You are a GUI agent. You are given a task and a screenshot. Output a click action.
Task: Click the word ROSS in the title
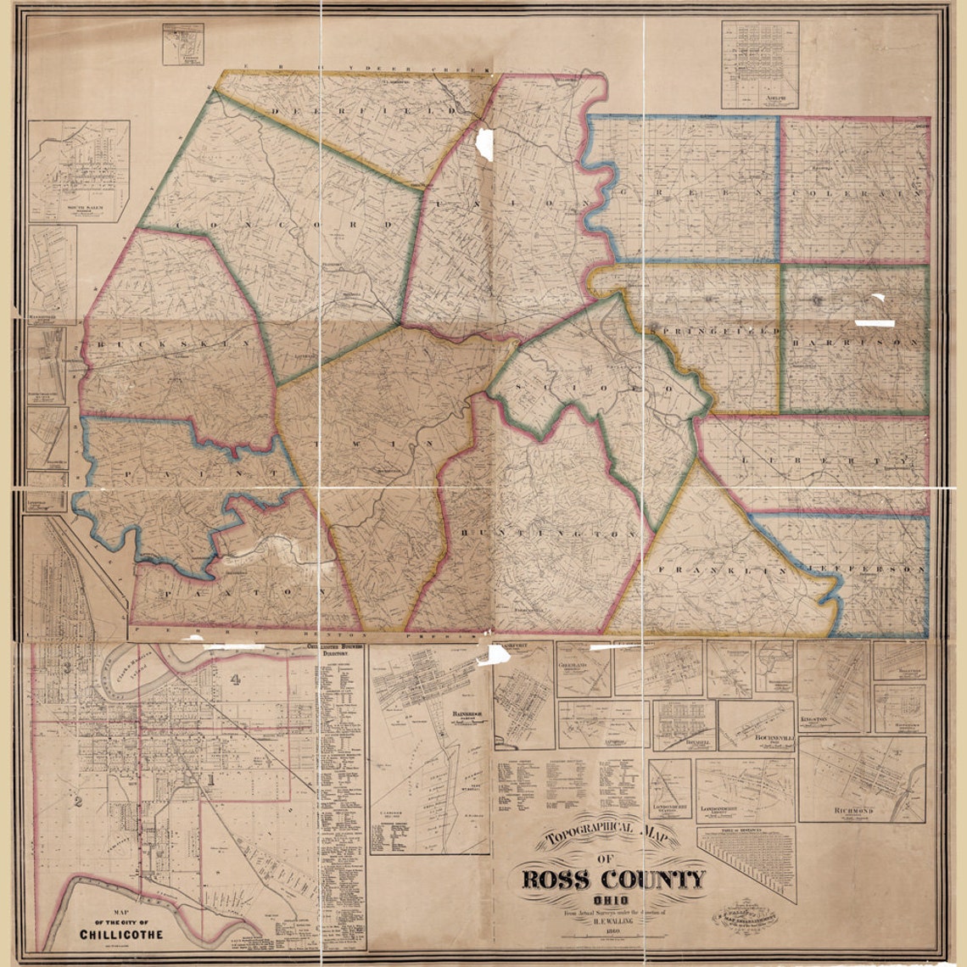coord(560,879)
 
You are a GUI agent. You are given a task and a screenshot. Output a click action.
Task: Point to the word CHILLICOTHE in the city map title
coord(120,935)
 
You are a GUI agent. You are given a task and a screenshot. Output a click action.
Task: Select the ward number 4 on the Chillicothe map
coord(235,679)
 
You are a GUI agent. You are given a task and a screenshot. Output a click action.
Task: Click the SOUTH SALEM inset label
coord(79,206)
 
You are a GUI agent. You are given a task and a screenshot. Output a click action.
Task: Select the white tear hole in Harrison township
coord(875,323)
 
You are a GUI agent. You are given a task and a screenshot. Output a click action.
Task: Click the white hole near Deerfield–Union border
coord(484,143)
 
